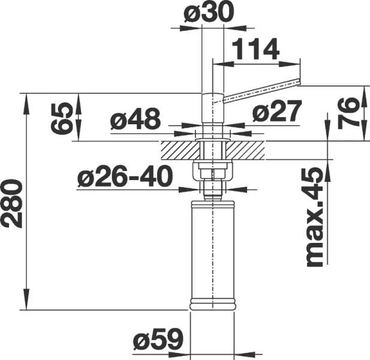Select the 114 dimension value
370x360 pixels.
255,50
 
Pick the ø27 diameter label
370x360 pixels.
276,113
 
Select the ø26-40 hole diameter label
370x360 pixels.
125,177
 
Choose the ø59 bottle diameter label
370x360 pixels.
157,340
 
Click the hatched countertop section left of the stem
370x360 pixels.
178,149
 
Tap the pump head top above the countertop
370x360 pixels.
212,108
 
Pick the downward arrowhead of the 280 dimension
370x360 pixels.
27,304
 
